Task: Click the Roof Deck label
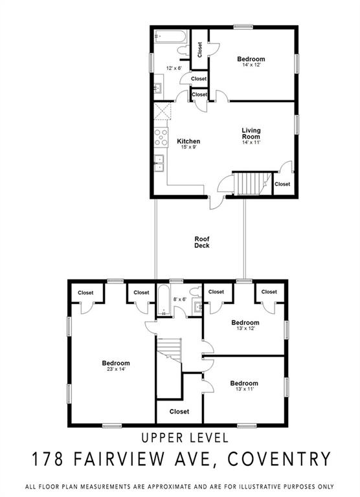click(x=202, y=242)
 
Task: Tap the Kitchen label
click(x=188, y=141)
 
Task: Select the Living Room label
click(x=251, y=133)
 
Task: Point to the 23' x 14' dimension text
click(x=116, y=370)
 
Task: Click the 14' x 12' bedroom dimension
click(x=251, y=65)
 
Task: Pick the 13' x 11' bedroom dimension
click(x=245, y=389)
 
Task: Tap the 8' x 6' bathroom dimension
click(x=180, y=299)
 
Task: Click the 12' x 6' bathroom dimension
click(x=174, y=68)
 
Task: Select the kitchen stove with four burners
click(x=161, y=138)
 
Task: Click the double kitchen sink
click(x=159, y=163)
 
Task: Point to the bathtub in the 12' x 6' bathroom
click(x=170, y=36)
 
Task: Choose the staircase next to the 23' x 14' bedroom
click(x=169, y=350)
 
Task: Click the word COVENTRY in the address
click(x=280, y=459)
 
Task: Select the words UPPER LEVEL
click(x=185, y=437)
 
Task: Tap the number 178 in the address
click(x=47, y=459)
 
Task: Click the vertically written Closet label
click(x=199, y=50)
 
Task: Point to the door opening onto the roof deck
click(x=216, y=202)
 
